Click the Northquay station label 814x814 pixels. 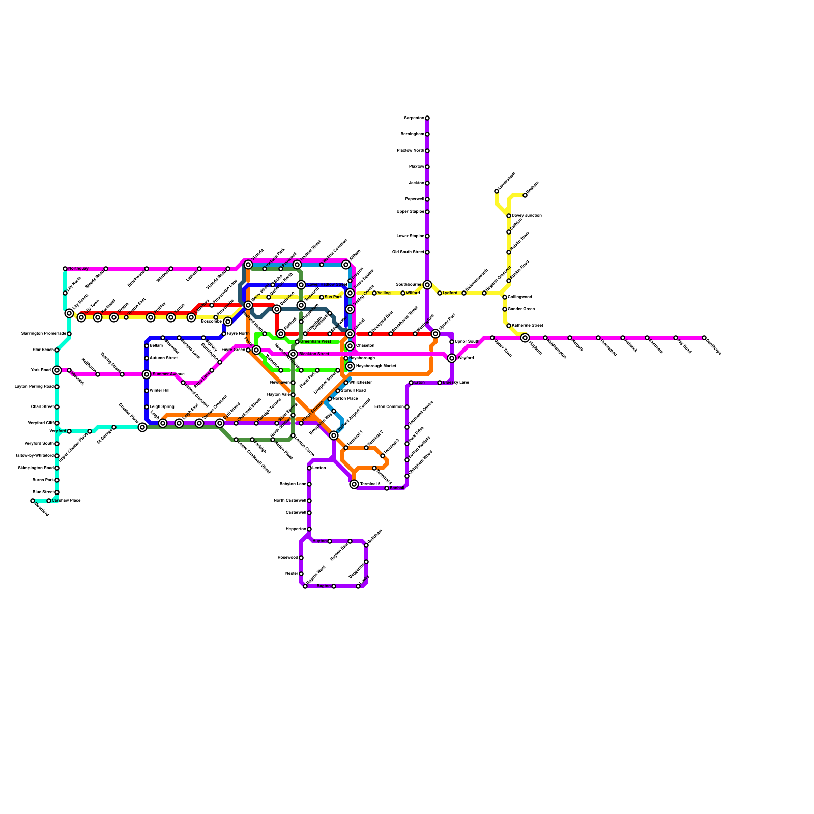coord(78,269)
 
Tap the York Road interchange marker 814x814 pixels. coord(57,370)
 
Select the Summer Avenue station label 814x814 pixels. coord(168,374)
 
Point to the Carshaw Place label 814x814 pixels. coord(66,501)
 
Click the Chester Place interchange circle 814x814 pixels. coord(142,427)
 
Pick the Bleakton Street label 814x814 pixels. coord(314,354)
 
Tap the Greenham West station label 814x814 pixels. coord(315,342)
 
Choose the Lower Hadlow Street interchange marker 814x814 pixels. coord(301,285)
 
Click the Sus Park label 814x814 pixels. coord(333,297)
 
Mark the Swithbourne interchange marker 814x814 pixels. coord(427,285)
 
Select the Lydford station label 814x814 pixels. coord(450,293)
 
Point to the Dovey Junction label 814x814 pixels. coord(527,216)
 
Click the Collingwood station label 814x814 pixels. coord(519,297)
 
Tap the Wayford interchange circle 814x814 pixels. coord(452,358)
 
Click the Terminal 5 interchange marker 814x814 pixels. coord(354,484)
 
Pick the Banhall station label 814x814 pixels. coord(396,488)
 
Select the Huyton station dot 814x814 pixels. coord(330,541)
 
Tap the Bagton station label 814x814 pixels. coord(324,586)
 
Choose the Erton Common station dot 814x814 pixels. coord(407,407)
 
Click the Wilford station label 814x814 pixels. coord(413,293)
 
